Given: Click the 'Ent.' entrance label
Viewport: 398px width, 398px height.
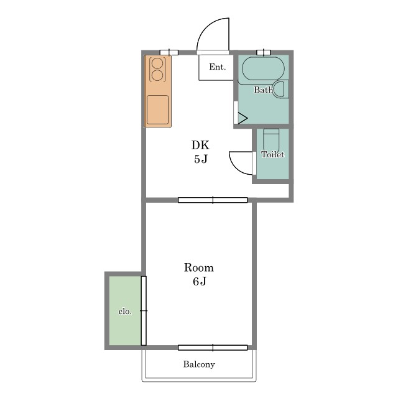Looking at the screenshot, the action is coord(217,67).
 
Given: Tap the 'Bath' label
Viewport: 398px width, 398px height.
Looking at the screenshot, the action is coord(264,90).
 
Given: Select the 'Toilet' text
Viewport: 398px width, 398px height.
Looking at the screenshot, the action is coord(272,154).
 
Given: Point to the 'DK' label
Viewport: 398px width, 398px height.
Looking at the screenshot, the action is coord(200,145).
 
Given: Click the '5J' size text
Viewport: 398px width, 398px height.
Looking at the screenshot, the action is coord(201,159).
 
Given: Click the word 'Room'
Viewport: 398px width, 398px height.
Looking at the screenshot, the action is coord(199,268).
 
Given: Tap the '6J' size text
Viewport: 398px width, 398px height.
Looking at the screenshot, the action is coord(200,282).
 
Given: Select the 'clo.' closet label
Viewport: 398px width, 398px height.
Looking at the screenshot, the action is coord(125,312).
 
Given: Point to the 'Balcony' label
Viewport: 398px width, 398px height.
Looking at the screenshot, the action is coord(199,364).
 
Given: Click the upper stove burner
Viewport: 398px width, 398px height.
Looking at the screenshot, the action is coord(157,63).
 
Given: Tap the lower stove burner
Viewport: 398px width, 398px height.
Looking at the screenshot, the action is coord(157,75).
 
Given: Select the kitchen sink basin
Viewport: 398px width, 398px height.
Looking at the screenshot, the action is coord(157,110).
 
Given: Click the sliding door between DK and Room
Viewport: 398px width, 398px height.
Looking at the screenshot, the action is coord(213,200).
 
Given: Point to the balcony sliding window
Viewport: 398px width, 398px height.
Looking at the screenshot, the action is coord(213,348).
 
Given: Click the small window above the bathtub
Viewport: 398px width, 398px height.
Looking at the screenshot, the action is coord(264,52).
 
